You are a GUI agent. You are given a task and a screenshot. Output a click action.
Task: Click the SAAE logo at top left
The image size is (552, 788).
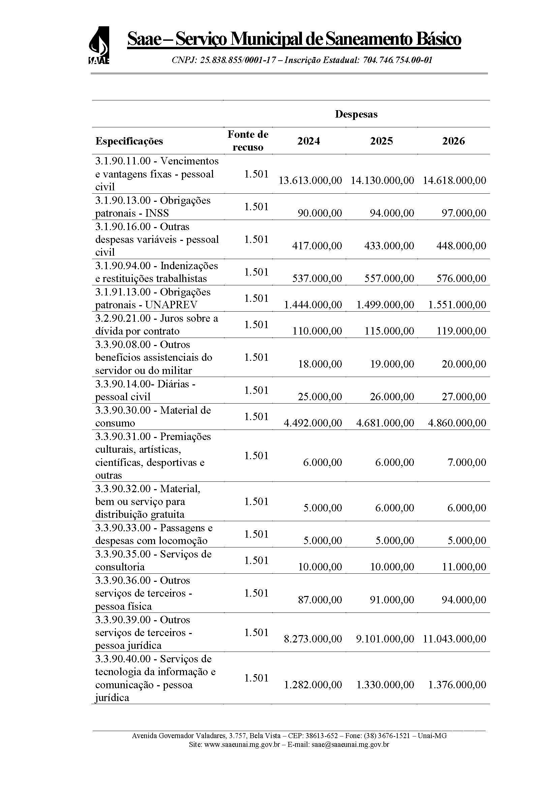(x=99, y=45)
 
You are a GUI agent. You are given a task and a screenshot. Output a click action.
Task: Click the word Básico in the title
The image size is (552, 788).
(x=438, y=39)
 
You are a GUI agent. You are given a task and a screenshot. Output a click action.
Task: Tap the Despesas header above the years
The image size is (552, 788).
(x=356, y=114)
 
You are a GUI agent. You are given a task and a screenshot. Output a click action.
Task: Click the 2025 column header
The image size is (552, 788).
(x=381, y=141)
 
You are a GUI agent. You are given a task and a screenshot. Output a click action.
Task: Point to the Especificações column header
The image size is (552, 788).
(x=129, y=141)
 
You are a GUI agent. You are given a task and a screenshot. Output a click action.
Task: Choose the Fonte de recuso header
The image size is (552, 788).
(x=247, y=141)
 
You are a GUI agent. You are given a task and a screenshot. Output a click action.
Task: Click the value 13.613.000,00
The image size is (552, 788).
(x=310, y=180)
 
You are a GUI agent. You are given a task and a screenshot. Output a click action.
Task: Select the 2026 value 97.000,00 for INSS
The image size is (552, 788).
(x=463, y=213)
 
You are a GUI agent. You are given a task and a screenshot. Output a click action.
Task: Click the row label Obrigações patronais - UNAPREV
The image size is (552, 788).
(x=153, y=298)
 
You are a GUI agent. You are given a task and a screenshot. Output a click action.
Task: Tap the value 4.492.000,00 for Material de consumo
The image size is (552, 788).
(x=313, y=422)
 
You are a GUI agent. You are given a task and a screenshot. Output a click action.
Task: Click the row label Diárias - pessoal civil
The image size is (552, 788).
(x=145, y=390)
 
